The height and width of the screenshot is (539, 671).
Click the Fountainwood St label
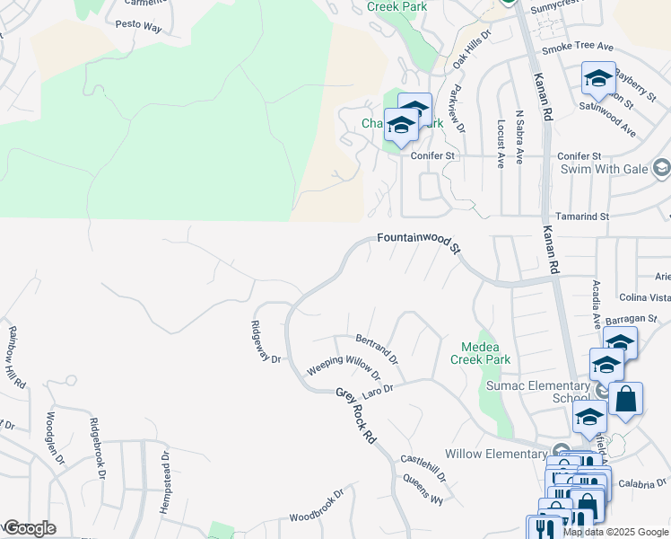coord(418,241)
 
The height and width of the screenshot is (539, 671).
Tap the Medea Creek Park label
coord(485,353)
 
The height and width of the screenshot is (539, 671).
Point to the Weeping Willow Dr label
coord(344,365)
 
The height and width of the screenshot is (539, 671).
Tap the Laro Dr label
coord(378,393)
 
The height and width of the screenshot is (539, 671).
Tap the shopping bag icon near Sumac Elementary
coord(626,399)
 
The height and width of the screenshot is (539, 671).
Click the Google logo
coord(30,528)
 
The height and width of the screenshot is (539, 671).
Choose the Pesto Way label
coord(138,28)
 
